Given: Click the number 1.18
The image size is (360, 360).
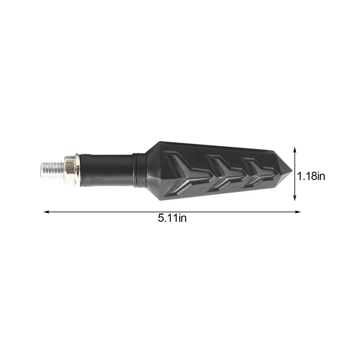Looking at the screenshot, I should pyautogui.click(x=306, y=176).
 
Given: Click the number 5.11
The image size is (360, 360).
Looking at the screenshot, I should pyautogui.click(x=167, y=219).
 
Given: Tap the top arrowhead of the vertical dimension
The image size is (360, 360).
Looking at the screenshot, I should pyautogui.click(x=295, y=148).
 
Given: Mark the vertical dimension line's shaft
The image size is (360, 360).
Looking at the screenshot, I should pyautogui.click(x=295, y=173).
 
